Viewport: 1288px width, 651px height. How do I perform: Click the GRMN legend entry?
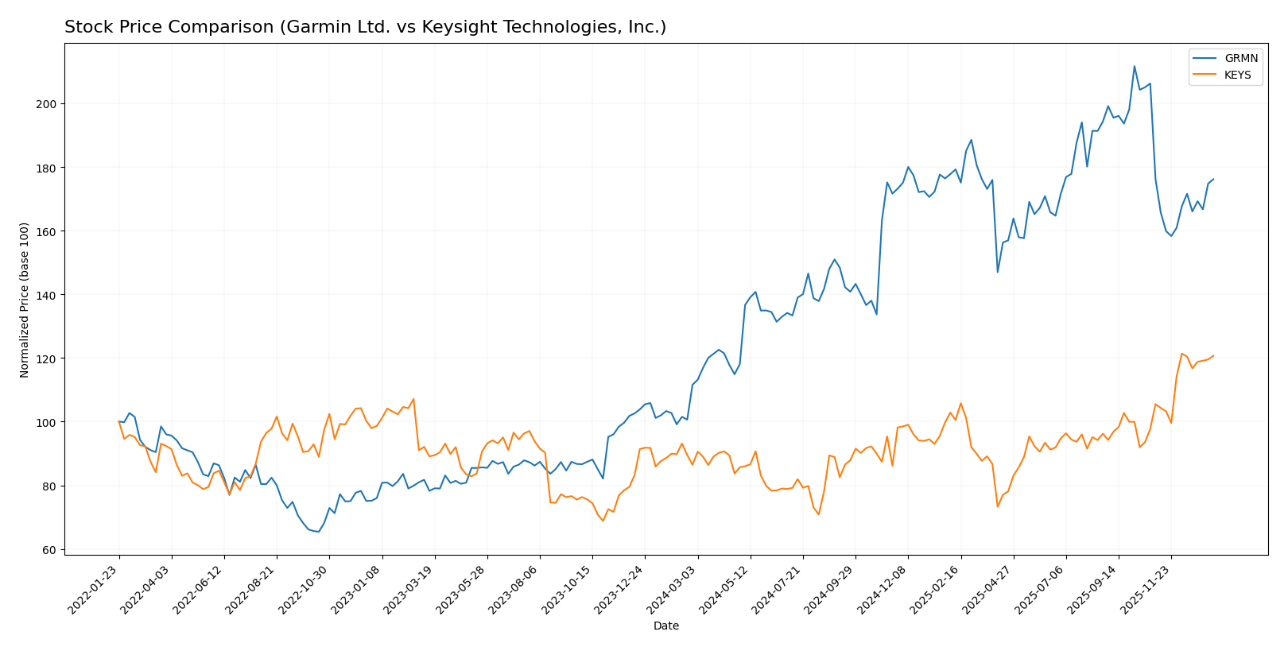pos(1224,59)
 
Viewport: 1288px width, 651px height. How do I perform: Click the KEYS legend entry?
pos(1224,76)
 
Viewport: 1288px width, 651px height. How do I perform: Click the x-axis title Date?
pos(665,626)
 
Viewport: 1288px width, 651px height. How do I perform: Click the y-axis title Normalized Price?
pos(25,300)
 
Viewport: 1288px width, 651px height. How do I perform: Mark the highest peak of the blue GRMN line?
pos(1134,66)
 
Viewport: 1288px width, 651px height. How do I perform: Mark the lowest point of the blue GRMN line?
pos(318,532)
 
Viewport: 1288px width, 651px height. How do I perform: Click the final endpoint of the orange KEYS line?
pos(1213,356)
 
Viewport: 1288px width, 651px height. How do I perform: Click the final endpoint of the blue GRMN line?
pos(1213,179)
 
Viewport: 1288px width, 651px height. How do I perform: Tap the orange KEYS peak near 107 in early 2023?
pos(413,399)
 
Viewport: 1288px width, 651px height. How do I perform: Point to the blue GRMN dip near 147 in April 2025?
pos(997,273)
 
